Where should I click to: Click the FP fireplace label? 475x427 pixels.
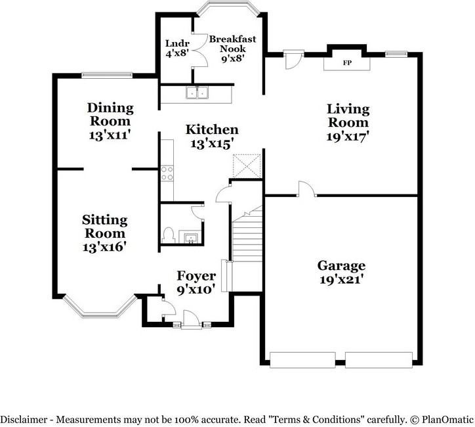pos(347,63)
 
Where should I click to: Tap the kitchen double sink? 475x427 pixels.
pos(197,93)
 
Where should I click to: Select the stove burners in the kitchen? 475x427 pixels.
pos(167,173)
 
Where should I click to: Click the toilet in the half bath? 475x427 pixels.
pos(168,235)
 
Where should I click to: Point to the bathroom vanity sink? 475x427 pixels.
pos(191,237)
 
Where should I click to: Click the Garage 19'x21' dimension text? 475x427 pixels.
pos(341,279)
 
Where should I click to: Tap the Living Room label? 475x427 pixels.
pos(348,116)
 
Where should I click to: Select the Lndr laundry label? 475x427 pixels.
pos(177,43)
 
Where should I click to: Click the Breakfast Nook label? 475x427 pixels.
pos(233,44)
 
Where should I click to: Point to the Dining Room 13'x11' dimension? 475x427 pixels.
pos(110,135)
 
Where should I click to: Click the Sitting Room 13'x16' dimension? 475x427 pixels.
pos(104,247)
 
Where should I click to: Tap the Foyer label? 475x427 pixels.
pos(196,276)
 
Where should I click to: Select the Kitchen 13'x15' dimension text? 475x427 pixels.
pos(212,144)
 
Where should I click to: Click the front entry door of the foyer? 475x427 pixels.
pos(192,320)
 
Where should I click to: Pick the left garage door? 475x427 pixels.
pos(302,360)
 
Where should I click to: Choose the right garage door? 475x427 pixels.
pos(379,360)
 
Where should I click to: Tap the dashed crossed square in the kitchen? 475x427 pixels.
pos(247,166)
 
